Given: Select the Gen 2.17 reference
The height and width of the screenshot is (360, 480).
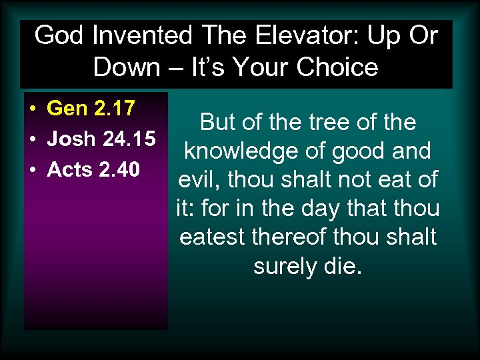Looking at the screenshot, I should (91, 108).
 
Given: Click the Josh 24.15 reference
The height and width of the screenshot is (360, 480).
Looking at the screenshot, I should (101, 139).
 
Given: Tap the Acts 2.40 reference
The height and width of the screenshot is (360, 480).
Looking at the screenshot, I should (93, 170).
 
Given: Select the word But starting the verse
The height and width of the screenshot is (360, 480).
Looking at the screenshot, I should (217, 123).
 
